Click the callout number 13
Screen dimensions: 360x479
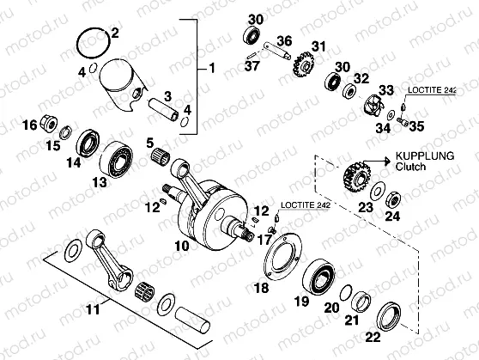100,181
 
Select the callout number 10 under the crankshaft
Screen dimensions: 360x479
182,247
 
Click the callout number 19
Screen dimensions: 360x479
300,302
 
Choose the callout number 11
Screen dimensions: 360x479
103,305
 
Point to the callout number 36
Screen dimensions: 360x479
284,40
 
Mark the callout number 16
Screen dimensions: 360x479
29,126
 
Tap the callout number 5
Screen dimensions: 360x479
149,143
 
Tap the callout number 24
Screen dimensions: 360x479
392,216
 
